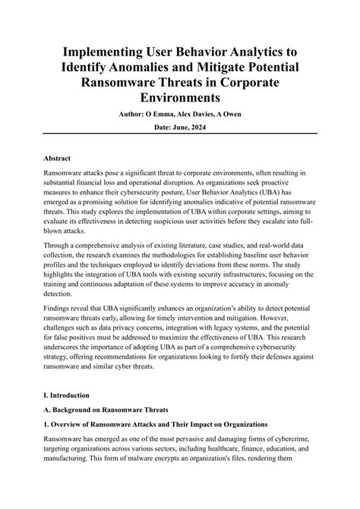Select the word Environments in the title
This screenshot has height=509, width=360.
coord(180,98)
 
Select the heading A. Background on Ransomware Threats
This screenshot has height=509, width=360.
coord(106,411)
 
